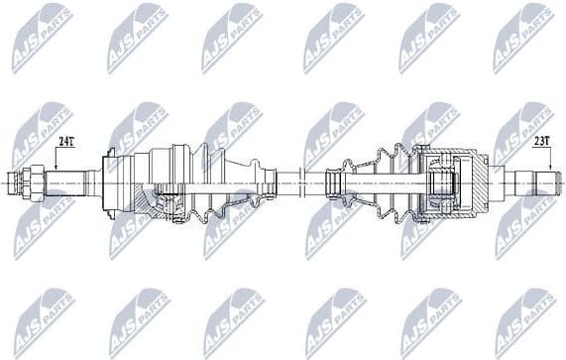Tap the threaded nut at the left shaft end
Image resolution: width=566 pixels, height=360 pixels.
[x=26, y=182]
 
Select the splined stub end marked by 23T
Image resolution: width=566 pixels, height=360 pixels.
[x=536, y=182]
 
